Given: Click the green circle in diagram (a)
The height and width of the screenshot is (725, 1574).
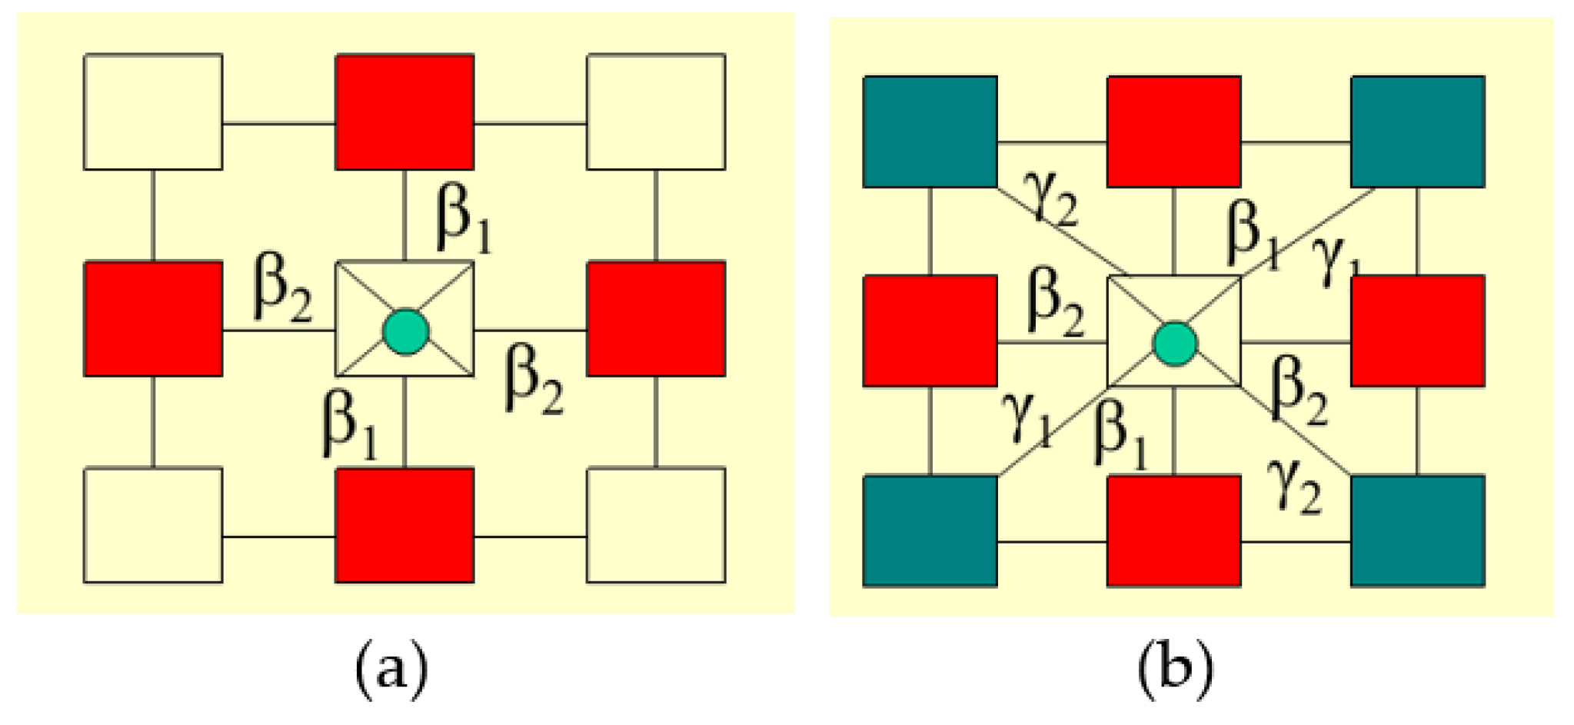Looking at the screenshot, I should tap(405, 332).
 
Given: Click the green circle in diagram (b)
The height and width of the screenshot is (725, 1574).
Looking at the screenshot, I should tap(1174, 343).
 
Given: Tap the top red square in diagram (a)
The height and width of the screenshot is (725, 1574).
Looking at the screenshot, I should tap(404, 111).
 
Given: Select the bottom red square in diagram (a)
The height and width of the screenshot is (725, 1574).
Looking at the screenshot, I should tap(404, 525).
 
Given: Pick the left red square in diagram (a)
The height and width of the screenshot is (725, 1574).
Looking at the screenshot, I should tap(153, 318).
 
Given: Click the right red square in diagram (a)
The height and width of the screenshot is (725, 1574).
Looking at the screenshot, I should tap(656, 318).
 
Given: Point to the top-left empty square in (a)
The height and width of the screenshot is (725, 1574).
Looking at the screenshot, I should tap(153, 111).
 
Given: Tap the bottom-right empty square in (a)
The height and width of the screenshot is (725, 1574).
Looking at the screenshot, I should tap(656, 525).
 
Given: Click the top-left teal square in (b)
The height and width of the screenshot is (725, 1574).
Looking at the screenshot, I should tap(930, 131).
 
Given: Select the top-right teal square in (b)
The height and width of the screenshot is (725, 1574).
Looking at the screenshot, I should tap(1417, 131).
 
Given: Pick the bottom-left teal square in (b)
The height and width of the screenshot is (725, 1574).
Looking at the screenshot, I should tap(930, 530).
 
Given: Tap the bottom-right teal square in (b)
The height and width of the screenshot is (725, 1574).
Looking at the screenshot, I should tap(1417, 530).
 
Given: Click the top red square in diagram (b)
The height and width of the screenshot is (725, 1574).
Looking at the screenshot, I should tap(1173, 131).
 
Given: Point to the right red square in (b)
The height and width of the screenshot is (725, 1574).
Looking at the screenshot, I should tap(1417, 331).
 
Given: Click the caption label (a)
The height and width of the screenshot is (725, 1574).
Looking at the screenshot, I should tap(391, 668).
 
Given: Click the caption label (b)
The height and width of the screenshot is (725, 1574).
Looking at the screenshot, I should tap(1174, 668).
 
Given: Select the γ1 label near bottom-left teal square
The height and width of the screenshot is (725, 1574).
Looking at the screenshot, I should tap(1027, 419).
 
